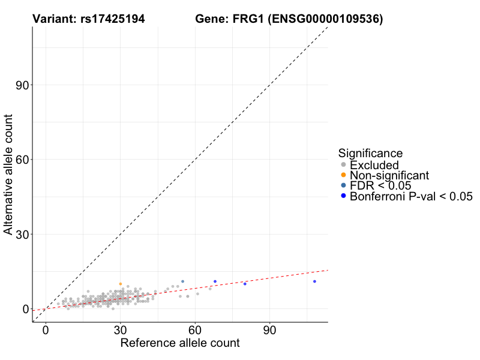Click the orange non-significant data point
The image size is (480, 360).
coord(121,284)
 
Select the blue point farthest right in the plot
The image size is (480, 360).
coord(314,281)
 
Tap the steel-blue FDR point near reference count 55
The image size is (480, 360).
coord(183,281)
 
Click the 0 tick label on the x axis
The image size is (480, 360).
coord(46,331)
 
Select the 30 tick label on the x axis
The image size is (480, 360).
coord(121,331)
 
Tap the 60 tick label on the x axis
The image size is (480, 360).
coord(195,331)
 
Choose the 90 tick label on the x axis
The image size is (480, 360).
coord(269,331)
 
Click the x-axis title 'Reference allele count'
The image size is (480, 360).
coord(180,343)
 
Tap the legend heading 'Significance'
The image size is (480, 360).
coord(370,153)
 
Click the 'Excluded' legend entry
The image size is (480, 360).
coord(374,165)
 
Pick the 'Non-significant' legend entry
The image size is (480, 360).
coord(389,175)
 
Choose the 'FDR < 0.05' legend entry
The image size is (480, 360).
coord(380,185)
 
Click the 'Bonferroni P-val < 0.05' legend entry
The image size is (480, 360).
coord(411,196)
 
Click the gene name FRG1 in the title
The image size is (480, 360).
coord(245,20)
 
